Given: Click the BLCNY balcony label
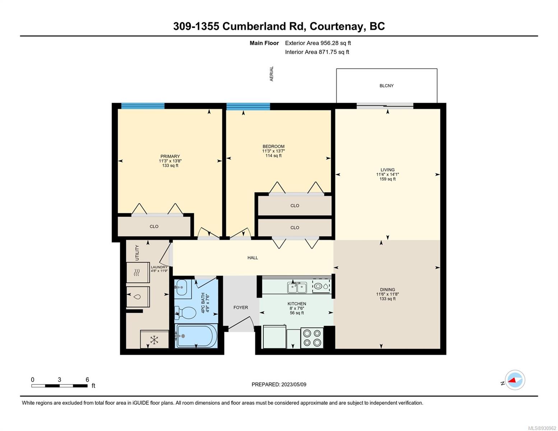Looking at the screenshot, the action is pos(386,86).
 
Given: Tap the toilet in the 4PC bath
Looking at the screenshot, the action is pos(185,313).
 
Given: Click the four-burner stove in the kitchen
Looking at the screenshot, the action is pos(312,338).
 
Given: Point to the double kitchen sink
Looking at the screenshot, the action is pos(297,287).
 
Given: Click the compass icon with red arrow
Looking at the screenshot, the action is pos(515,380).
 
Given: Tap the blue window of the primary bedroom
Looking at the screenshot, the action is pos(143,106).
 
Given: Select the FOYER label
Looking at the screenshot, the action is pos(241,307).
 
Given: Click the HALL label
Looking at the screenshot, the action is pos(253,258).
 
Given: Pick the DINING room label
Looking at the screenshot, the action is pos(387,289).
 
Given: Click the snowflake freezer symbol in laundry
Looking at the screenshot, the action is pos(154,340).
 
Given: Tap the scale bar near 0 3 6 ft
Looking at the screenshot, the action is pos(59,385).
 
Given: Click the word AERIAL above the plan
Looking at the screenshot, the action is pos(271,74).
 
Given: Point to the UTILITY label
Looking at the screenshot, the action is pos(137,252).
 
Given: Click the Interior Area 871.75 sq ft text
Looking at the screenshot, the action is pos(317,52).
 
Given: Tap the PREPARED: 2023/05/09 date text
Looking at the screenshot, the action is pos(279,384).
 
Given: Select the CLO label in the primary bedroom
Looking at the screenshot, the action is pos(154,226).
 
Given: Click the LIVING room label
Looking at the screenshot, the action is pos(387,170).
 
